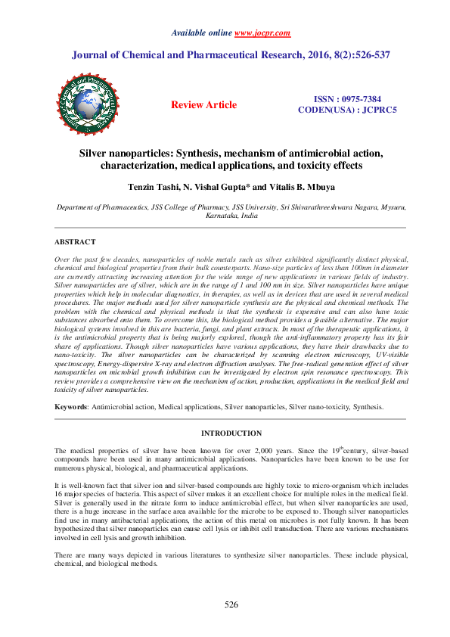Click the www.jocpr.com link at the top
(262, 33)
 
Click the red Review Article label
(203, 104)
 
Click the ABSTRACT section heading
(75, 242)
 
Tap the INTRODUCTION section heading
(231, 433)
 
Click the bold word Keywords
(70, 407)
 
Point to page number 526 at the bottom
(231, 604)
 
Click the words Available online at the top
(201, 33)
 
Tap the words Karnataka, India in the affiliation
(231, 215)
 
